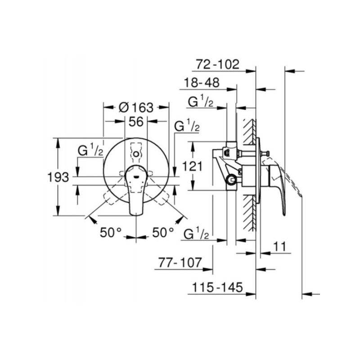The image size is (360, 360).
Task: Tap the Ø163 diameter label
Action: coord(136,108)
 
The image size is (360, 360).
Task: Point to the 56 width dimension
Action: coord(136,121)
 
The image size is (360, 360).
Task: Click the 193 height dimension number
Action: coord(58,177)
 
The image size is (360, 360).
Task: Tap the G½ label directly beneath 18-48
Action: coord(201,102)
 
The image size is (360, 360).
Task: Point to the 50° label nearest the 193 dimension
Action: coord(111,232)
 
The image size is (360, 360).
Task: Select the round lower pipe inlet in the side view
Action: coord(232,180)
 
